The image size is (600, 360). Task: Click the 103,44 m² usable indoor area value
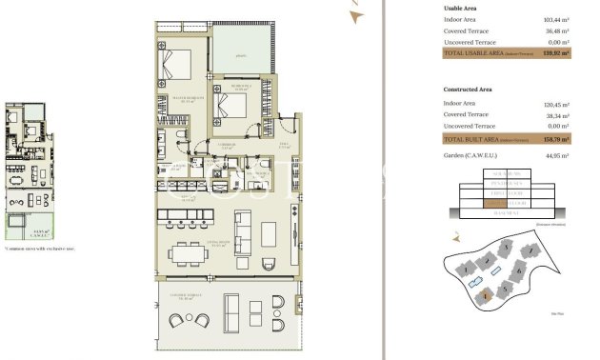tap(555, 19)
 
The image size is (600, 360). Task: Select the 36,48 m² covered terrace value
tap(556, 30)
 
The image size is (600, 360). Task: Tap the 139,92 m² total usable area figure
tap(556, 53)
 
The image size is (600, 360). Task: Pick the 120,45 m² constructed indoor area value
tap(555, 102)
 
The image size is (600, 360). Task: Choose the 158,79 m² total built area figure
tap(556, 139)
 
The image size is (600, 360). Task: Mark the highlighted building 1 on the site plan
tap(486, 294)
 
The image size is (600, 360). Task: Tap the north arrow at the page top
tap(356, 13)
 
